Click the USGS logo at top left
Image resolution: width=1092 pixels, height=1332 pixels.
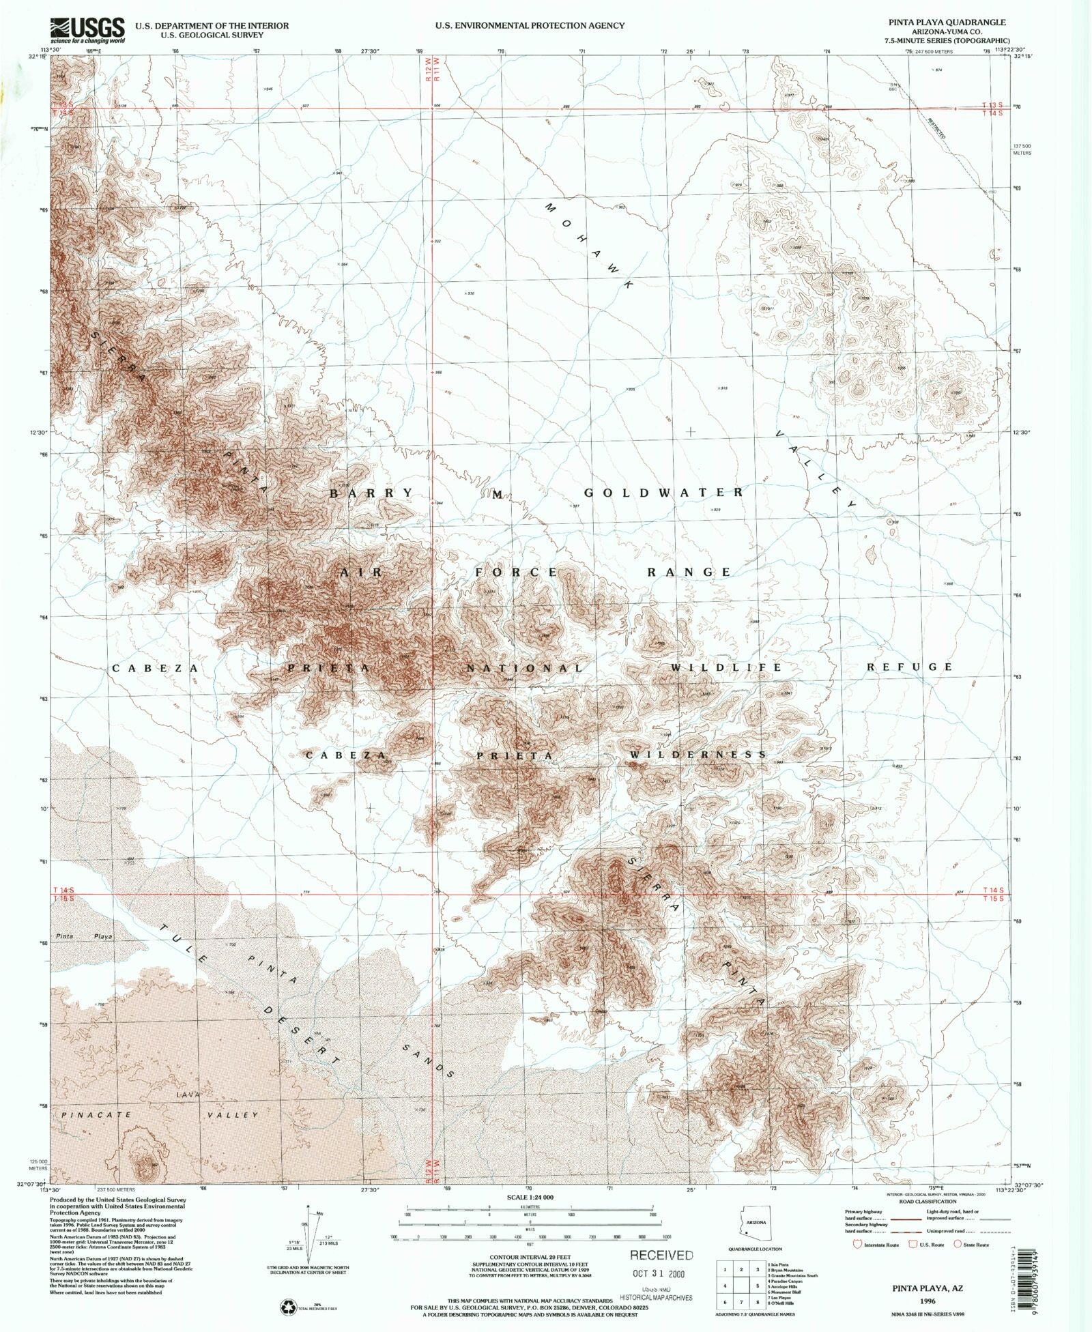tap(88, 29)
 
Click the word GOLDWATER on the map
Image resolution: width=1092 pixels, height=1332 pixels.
tap(663, 492)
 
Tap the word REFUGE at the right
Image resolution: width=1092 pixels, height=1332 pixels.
tap(909, 667)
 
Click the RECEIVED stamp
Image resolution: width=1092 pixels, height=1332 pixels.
tap(661, 1254)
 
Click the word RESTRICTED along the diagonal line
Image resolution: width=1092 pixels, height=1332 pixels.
tap(936, 127)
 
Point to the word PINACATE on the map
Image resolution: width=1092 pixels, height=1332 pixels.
tap(88, 1115)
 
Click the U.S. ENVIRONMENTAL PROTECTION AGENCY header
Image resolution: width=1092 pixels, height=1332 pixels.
tap(530, 25)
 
